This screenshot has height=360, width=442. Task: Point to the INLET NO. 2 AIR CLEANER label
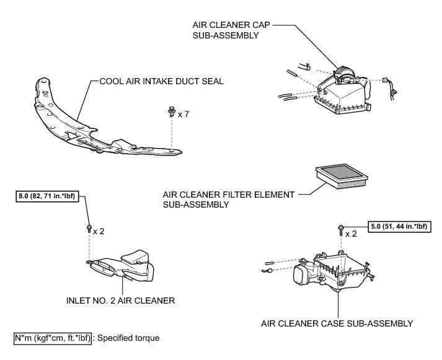[120, 301]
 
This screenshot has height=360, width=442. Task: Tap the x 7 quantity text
[183, 115]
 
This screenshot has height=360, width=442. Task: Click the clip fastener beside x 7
[170, 112]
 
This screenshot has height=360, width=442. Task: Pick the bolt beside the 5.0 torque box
[341, 231]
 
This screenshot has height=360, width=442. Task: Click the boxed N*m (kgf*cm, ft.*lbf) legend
[53, 338]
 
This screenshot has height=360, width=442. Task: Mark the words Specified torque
[128, 338]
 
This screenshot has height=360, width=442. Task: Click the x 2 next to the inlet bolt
[99, 231]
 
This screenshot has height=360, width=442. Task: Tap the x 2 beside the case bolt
[351, 234]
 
